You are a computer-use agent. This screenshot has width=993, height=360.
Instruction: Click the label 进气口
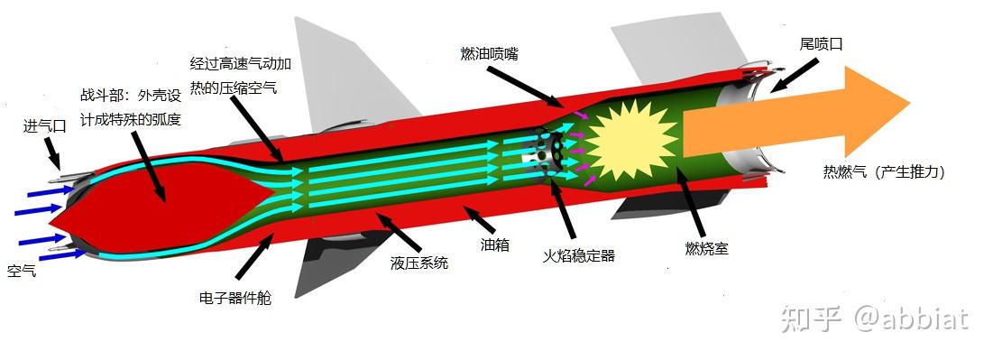point(45,127)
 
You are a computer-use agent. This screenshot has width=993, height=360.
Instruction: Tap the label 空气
point(22,271)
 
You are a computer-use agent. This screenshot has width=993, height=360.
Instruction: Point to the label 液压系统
point(419,264)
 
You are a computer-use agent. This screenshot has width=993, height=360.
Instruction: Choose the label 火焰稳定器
point(578,256)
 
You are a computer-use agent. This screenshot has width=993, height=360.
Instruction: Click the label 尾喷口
point(821,42)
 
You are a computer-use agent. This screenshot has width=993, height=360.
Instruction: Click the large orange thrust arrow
point(794,123)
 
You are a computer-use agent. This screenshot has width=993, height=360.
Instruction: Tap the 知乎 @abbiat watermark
point(875,318)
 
